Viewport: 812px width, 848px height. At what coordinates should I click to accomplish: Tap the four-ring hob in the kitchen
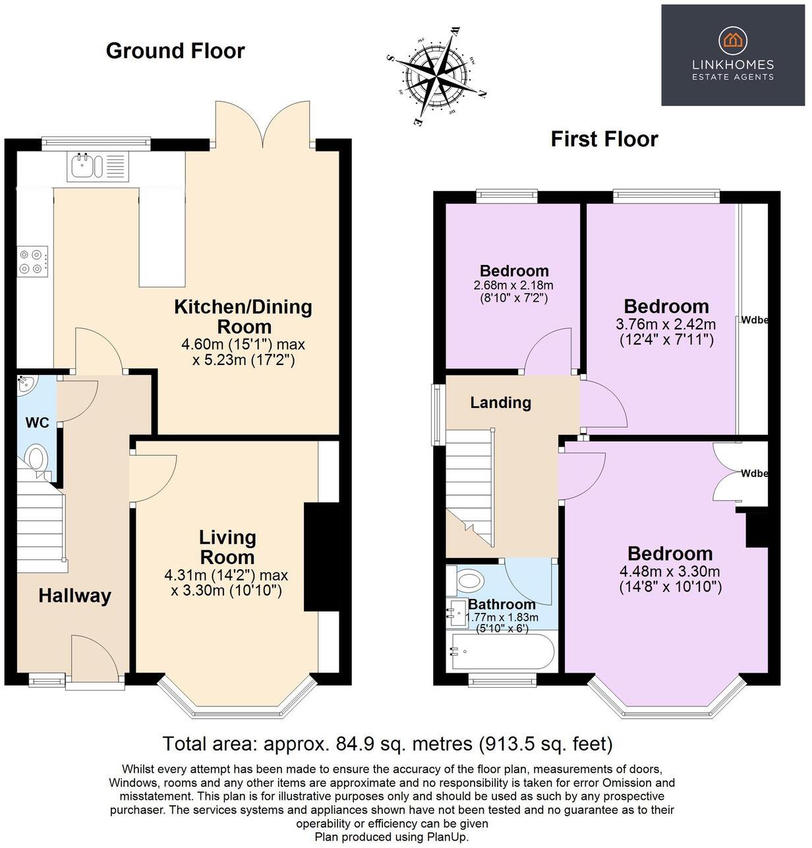[33, 261]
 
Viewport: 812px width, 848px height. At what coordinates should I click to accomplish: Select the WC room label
[37, 423]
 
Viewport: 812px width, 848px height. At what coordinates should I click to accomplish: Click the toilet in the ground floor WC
[36, 457]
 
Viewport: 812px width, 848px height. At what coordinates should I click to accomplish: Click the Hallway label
[74, 596]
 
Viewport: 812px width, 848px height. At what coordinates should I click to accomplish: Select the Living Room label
[227, 547]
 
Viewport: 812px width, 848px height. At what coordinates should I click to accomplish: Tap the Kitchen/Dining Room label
[243, 316]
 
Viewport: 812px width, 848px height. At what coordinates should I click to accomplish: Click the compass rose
[437, 74]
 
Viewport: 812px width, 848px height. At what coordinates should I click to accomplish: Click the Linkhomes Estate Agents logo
[732, 55]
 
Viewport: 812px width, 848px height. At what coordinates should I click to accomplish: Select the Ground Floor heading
[175, 51]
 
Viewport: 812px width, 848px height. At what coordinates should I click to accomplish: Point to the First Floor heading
[604, 139]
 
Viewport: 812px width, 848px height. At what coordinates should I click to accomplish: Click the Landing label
[500, 403]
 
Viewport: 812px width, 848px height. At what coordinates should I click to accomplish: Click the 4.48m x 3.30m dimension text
[670, 571]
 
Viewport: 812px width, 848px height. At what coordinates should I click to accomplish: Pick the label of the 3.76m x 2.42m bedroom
[666, 306]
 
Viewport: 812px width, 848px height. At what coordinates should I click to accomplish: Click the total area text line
[388, 744]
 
